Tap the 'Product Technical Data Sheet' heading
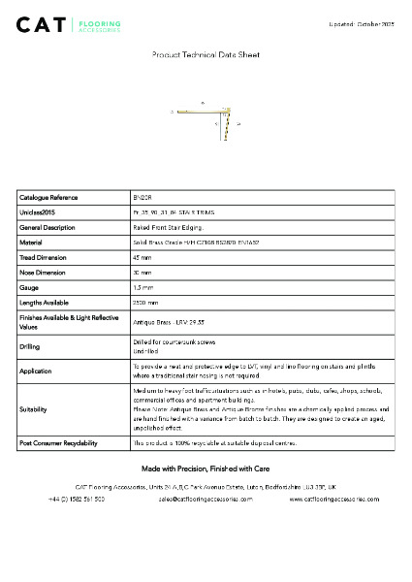[206, 56]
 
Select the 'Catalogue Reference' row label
[48, 197]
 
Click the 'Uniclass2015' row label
[38, 211]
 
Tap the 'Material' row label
[31, 242]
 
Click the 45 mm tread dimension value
[142, 258]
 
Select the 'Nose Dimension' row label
[44, 273]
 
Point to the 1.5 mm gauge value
[143, 288]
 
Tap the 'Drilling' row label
[30, 346]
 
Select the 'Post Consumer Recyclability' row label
[58, 442]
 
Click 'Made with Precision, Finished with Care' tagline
[206, 468]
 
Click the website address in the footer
[333, 499]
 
